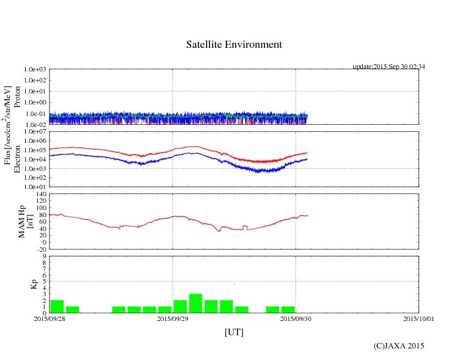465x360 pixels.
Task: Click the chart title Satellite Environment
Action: pyautogui.click(x=234, y=45)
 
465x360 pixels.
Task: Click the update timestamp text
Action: pyautogui.click(x=389, y=67)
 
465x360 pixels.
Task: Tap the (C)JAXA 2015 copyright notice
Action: pyautogui.click(x=399, y=345)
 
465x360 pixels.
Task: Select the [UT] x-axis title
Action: pyautogui.click(x=234, y=332)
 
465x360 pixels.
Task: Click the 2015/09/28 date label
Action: pyautogui.click(x=49, y=318)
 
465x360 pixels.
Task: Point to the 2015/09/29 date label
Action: pyautogui.click(x=173, y=318)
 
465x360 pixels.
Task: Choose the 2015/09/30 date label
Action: pyautogui.click(x=296, y=318)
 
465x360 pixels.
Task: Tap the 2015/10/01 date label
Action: pyautogui.click(x=419, y=318)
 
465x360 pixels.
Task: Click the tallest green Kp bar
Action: pyautogui.click(x=196, y=303)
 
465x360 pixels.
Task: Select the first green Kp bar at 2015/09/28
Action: pyautogui.click(x=57, y=306)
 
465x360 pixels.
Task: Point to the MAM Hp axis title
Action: pyautogui.click(x=25, y=218)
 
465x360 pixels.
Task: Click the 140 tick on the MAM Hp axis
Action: pyautogui.click(x=41, y=194)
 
